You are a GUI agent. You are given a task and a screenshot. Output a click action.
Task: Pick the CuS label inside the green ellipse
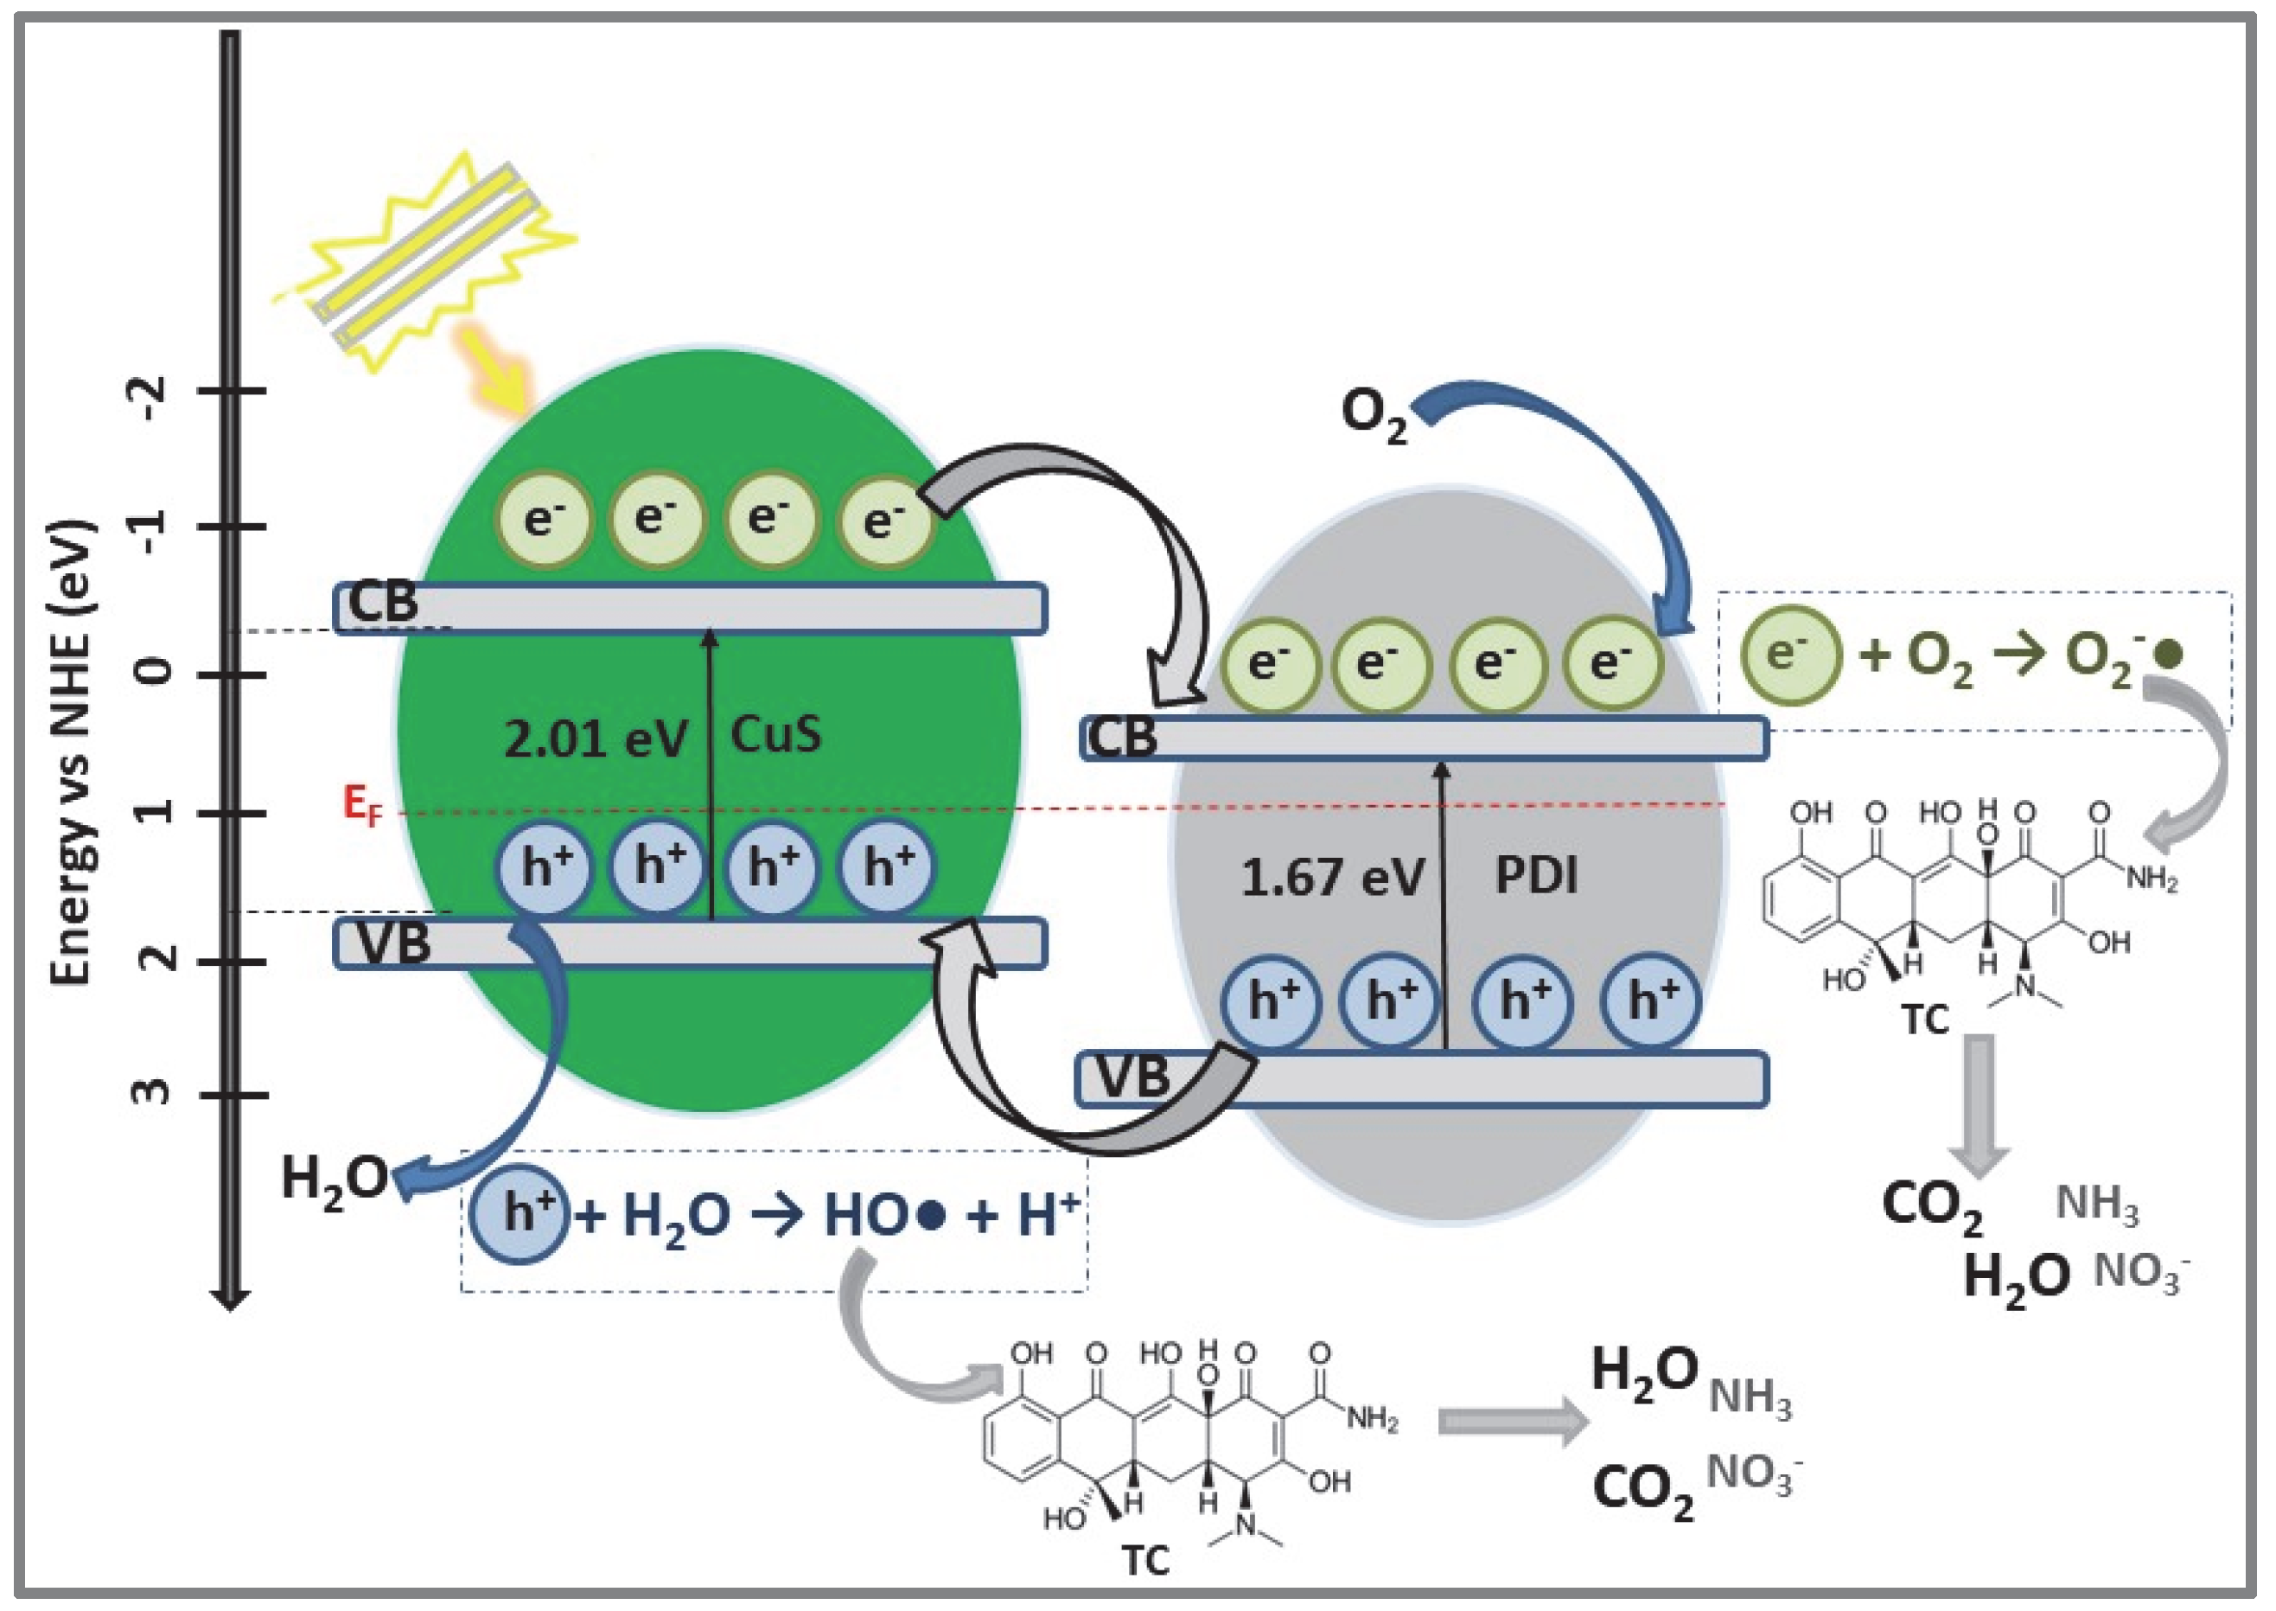pyautogui.click(x=775, y=735)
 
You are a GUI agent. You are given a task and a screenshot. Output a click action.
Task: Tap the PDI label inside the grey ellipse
pyautogui.click(x=1535, y=875)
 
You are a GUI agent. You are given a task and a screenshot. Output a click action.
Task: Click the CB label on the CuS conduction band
pyautogui.click(x=383, y=602)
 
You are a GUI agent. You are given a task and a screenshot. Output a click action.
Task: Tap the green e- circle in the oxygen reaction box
pyautogui.click(x=1790, y=655)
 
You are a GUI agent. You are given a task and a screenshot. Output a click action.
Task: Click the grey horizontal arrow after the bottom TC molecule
pyautogui.click(x=1513, y=1422)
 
